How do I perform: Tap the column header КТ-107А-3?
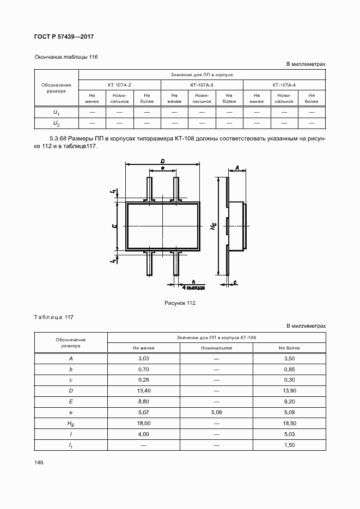[x=202, y=85]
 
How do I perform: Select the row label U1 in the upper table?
[x=56, y=112]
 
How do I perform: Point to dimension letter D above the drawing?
[x=163, y=161]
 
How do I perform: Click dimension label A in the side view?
[x=237, y=167]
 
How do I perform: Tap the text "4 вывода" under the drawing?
[x=193, y=286]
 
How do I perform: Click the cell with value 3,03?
[x=144, y=359]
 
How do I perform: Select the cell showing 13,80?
[x=289, y=391]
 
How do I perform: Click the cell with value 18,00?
[x=144, y=423]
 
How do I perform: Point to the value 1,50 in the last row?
[x=289, y=445]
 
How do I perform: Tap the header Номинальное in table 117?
[x=216, y=348]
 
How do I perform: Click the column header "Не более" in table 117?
[x=289, y=348]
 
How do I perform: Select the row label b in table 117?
[x=71, y=370]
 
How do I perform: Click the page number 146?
[x=39, y=462]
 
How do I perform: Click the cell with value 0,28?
[x=144, y=380]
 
